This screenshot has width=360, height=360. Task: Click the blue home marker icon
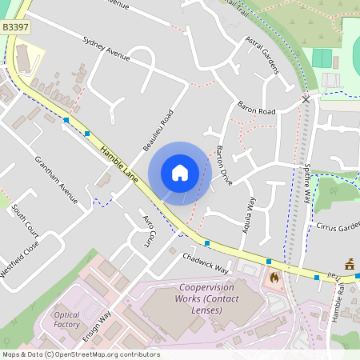tap(180, 173)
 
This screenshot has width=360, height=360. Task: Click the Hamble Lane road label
tap(119, 162)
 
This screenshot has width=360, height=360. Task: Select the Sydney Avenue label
tap(106, 47)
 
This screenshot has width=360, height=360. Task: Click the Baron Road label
tap(256, 107)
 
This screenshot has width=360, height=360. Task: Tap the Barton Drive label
tap(224, 166)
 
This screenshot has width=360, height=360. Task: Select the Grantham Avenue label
tap(55, 178)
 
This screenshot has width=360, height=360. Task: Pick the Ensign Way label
tap(95, 327)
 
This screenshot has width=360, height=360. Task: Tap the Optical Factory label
tap(67, 319)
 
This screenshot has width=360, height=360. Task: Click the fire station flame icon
tap(274, 278)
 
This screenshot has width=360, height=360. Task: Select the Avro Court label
tap(148, 230)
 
